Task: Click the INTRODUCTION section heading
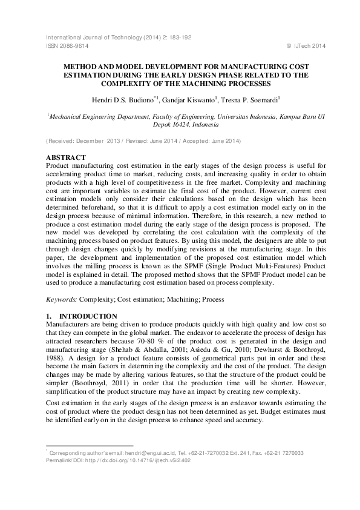pos(82,316)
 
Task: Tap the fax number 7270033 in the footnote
pos(290,453)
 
